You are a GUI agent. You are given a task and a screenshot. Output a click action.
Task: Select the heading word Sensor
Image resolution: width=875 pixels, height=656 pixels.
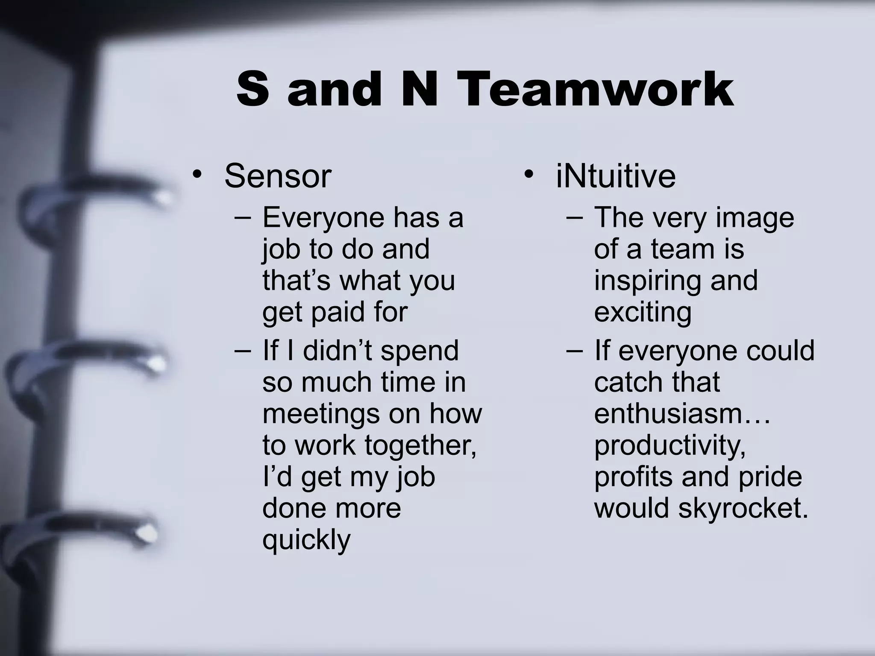(278, 176)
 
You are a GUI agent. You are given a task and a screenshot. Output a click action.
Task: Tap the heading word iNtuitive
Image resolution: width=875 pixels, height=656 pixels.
(616, 176)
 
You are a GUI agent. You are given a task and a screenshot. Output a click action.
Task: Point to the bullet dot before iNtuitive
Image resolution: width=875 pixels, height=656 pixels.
(529, 175)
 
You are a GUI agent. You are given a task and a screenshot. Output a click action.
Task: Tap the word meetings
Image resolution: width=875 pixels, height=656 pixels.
(321, 414)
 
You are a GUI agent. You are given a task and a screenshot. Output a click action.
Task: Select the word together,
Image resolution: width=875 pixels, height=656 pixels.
(420, 445)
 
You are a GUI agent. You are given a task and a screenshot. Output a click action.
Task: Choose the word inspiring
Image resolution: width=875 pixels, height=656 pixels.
(645, 281)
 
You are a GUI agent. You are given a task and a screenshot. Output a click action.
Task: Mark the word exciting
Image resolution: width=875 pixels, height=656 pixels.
(643, 312)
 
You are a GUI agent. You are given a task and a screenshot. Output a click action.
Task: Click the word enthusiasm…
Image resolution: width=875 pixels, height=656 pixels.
(682, 413)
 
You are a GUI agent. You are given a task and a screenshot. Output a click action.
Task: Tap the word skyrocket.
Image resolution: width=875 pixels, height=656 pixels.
(743, 508)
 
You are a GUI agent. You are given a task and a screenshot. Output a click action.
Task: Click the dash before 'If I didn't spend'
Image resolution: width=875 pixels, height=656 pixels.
(242, 351)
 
